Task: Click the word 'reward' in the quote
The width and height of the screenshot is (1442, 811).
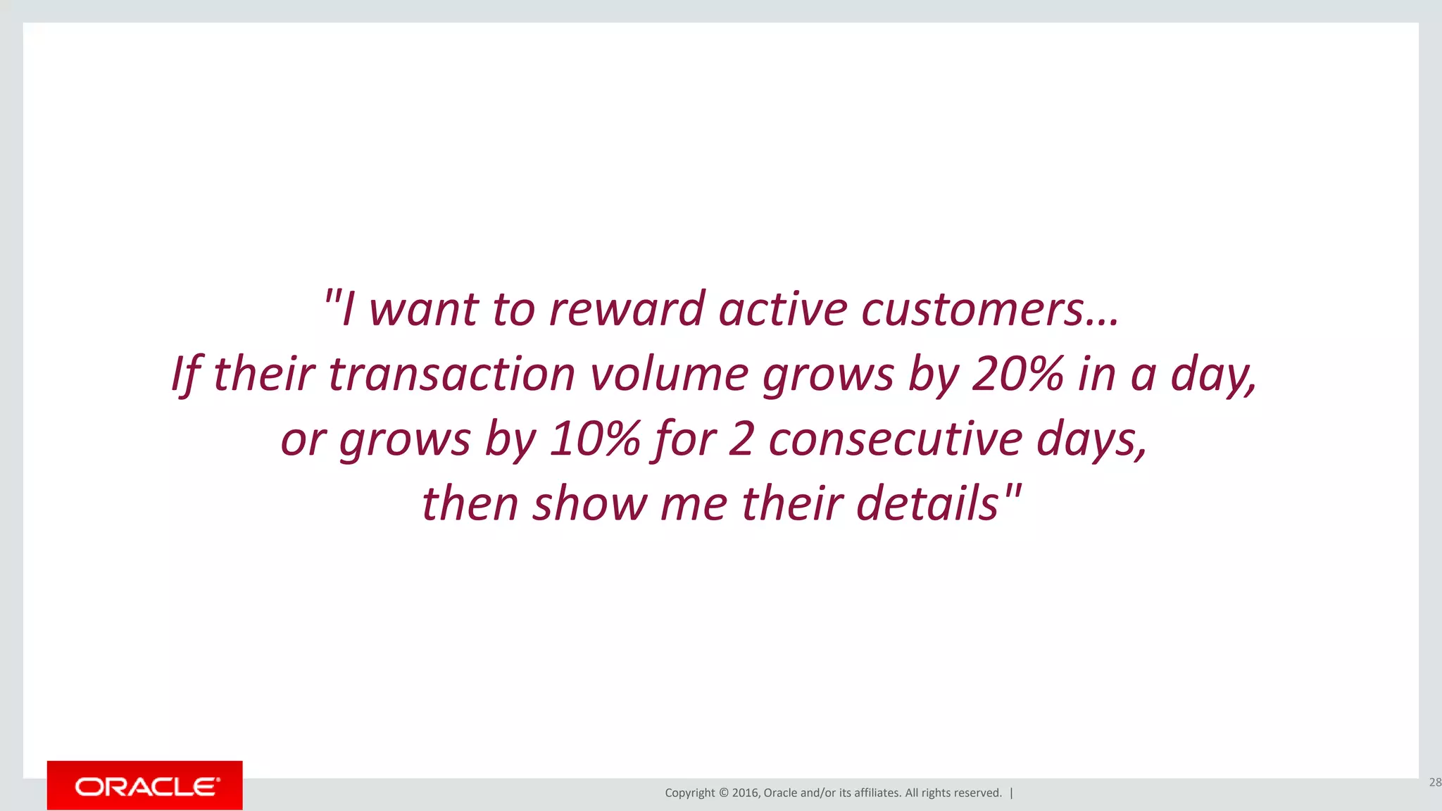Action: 627,309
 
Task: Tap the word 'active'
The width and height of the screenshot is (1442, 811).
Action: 783,309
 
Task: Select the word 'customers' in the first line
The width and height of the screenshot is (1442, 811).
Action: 972,309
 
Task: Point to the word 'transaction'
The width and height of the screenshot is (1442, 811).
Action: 451,374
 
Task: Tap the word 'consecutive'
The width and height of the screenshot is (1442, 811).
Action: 895,439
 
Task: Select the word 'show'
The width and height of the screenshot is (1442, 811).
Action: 589,503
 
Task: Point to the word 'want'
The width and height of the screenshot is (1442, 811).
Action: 424,309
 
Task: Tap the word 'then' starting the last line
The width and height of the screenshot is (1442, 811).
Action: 470,503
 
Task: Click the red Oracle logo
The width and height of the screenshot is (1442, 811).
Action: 145,786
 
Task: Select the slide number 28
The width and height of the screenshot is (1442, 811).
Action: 1434,782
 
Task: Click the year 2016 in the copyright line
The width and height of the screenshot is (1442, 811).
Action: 745,793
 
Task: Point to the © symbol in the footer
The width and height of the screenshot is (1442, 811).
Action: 724,793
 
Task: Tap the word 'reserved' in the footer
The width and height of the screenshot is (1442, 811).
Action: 979,793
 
